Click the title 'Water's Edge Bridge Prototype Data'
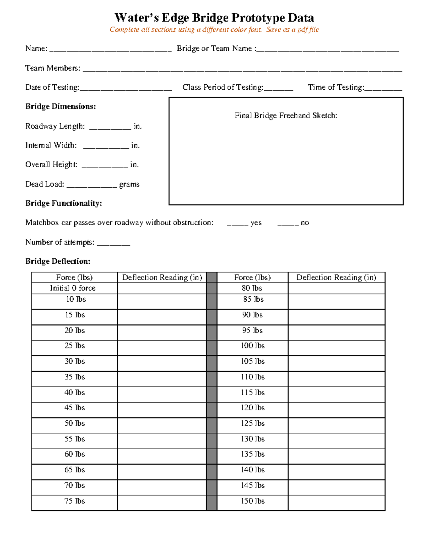(214, 18)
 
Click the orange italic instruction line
(214, 30)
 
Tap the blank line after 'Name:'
(110, 49)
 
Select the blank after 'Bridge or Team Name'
(328, 49)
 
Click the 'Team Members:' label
(53, 68)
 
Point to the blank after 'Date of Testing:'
(125, 88)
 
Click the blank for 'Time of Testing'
(383, 88)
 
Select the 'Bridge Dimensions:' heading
(60, 106)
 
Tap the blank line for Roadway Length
(110, 127)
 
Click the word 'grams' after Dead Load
(129, 184)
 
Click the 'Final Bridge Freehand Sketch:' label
(286, 115)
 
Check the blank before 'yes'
(237, 223)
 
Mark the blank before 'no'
(288, 223)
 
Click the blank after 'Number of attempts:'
(113, 243)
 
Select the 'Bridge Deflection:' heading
(58, 261)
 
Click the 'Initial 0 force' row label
(73, 288)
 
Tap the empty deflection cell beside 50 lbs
(162, 425)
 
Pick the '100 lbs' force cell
(252, 346)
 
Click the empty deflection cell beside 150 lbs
(336, 502)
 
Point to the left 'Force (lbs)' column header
(74, 277)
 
